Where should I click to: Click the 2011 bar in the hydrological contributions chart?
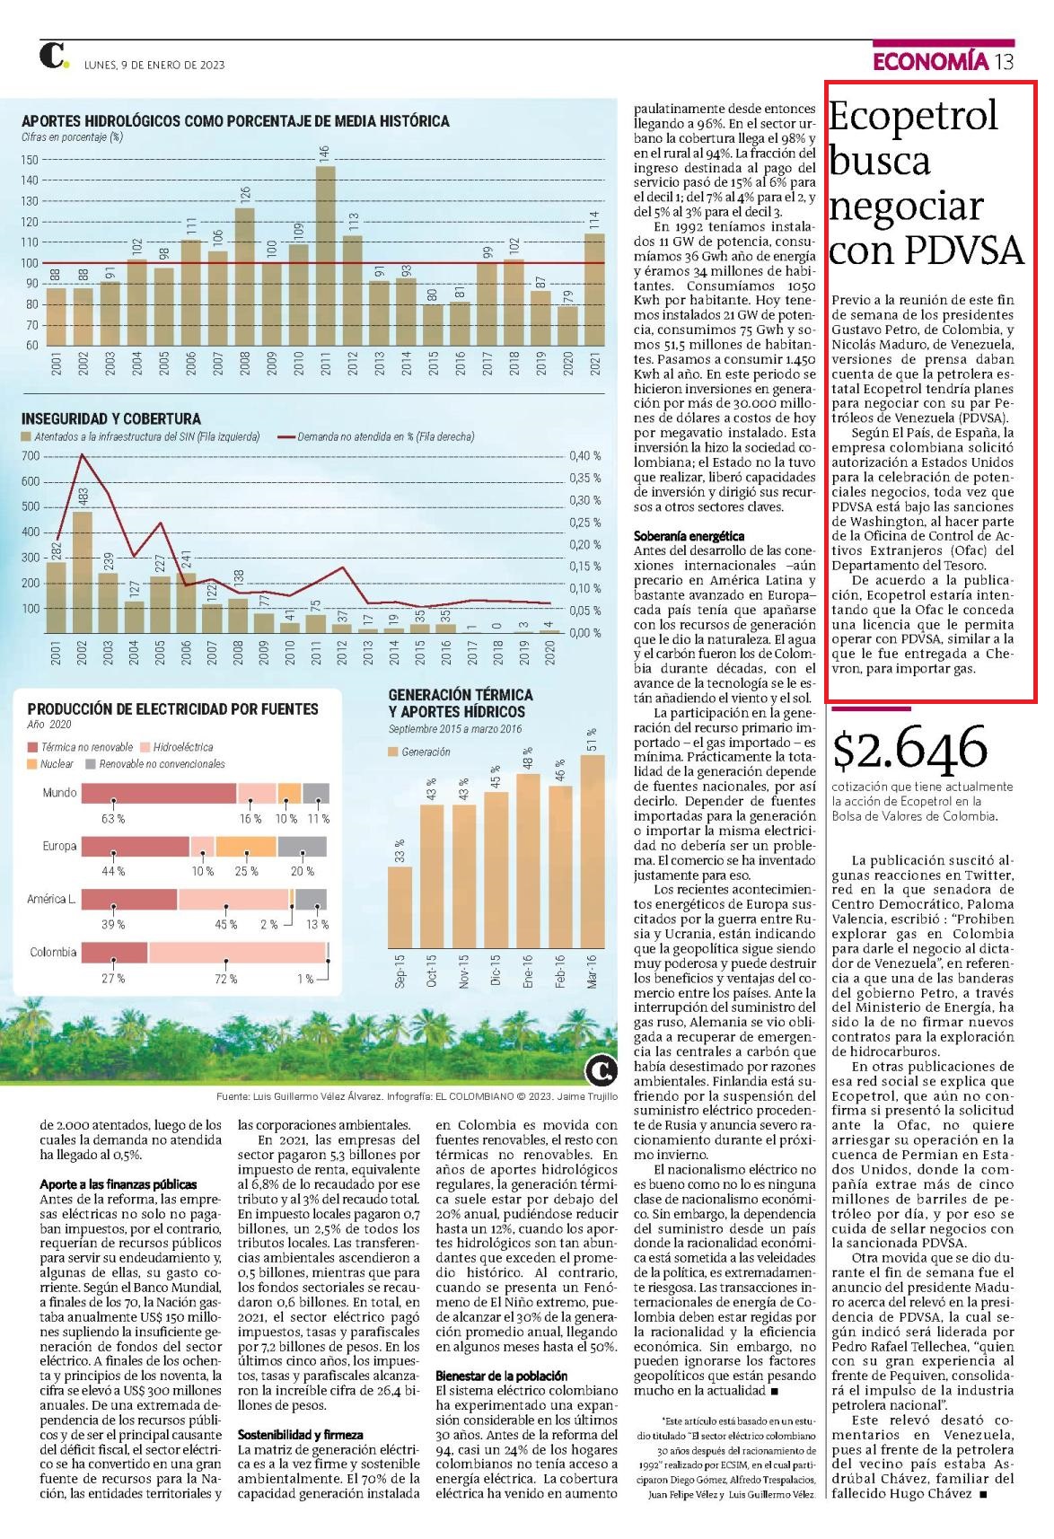325,256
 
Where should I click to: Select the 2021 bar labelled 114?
594,289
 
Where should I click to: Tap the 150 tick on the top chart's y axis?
30,160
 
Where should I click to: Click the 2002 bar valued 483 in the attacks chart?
83,572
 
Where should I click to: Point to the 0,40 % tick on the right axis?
584,456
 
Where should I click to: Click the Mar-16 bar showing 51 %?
593,851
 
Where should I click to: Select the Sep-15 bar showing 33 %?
400,907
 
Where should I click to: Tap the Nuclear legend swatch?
31,764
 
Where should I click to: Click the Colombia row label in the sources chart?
53,953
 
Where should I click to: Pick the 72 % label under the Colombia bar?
225,979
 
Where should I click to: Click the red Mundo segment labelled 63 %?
159,793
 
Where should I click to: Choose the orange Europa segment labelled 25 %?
246,846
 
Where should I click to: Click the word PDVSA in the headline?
964,251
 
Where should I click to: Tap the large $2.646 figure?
909,749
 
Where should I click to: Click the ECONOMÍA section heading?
930,62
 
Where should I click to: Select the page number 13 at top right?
1003,62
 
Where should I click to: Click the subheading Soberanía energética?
689,536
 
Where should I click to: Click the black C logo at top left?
52,56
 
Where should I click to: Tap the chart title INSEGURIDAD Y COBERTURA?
111,418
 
